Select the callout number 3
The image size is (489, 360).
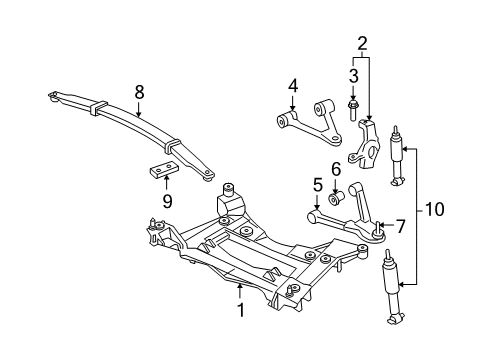(x=353, y=75)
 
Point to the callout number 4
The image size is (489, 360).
(x=293, y=87)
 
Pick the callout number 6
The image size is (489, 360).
(x=336, y=169)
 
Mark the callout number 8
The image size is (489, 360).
(x=140, y=91)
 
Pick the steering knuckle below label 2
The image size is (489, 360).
(x=366, y=140)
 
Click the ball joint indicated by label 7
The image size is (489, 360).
(x=377, y=236)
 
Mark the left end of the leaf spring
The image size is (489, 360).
(x=52, y=97)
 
